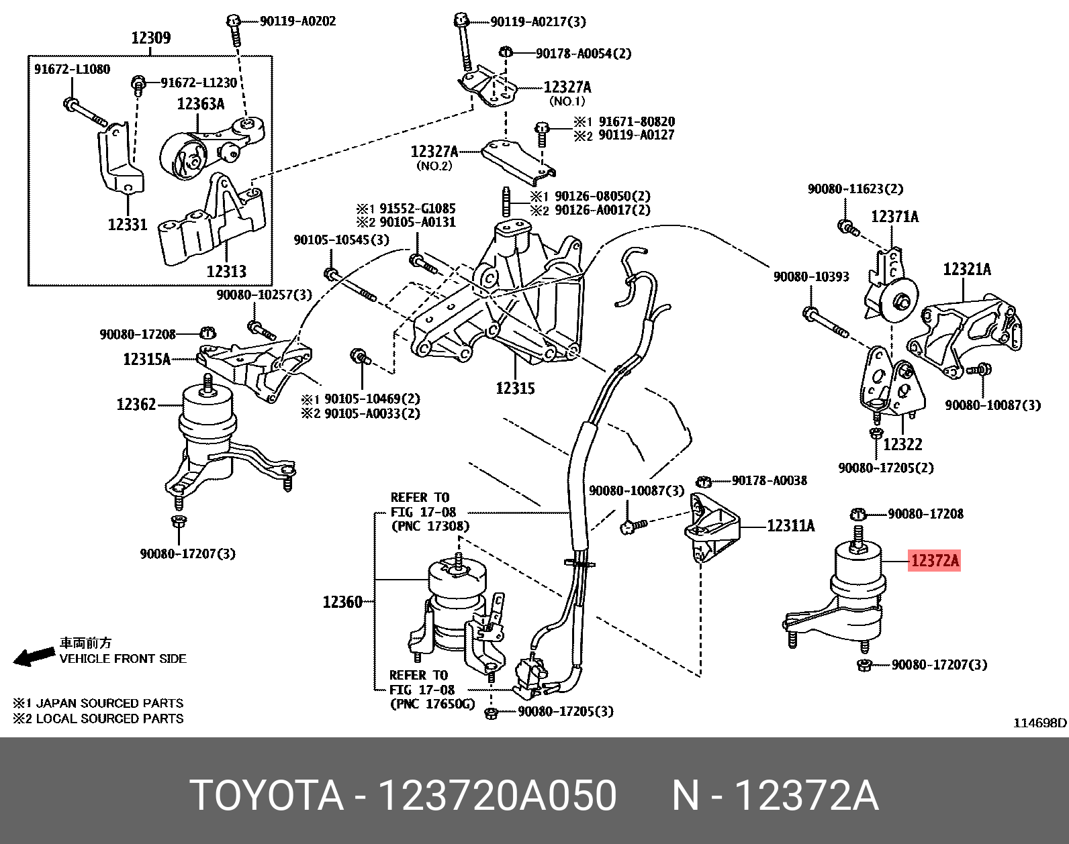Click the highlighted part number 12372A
pyautogui.click(x=934, y=560)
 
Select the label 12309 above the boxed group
pyautogui.click(x=150, y=38)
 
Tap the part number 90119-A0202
pyautogui.click(x=297, y=21)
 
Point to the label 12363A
pyautogui.click(x=200, y=104)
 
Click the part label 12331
pyautogui.click(x=128, y=225)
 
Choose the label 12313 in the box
pyautogui.click(x=226, y=272)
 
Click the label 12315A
pyautogui.click(x=146, y=360)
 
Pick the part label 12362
pyautogui.click(x=136, y=405)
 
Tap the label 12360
pyautogui.click(x=342, y=602)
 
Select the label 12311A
pyautogui.click(x=790, y=526)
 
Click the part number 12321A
pyautogui.click(x=967, y=270)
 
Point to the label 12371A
pyautogui.click(x=894, y=217)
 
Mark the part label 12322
pyautogui.click(x=902, y=444)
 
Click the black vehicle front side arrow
pyautogui.click(x=34, y=657)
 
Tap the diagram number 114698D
pyautogui.click(x=1039, y=723)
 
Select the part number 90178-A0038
pyautogui.click(x=770, y=480)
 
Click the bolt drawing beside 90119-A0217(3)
pyautogui.click(x=462, y=40)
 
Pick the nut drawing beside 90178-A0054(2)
pyautogui.click(x=507, y=52)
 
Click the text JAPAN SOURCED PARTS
pyautogui.click(x=109, y=703)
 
